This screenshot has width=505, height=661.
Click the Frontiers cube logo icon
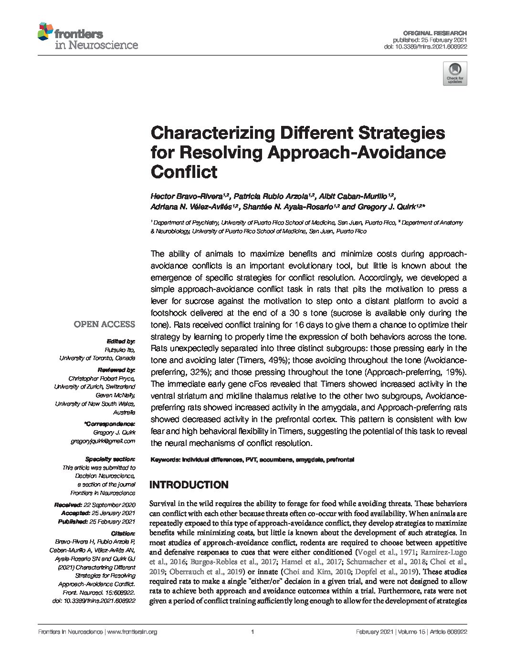[45, 31]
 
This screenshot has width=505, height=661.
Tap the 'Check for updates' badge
[454, 73]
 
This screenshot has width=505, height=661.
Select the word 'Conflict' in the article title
[184, 172]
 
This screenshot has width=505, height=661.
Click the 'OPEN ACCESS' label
[104, 324]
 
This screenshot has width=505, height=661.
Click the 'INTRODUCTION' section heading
[189, 485]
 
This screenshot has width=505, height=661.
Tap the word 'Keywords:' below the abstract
[165, 460]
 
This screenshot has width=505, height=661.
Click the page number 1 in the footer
[252, 632]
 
